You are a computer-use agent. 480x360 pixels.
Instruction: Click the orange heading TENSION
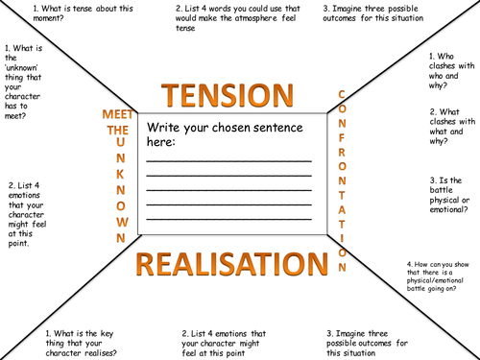(228, 95)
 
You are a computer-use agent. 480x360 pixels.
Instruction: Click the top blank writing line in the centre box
(228, 160)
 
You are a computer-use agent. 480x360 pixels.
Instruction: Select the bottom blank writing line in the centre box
(228, 220)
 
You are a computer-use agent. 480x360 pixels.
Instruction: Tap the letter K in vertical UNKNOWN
(122, 177)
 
